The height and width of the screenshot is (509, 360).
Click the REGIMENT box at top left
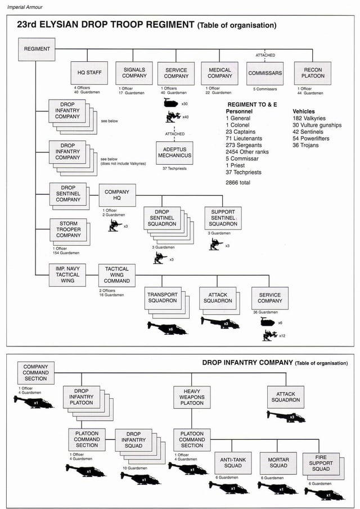coord(37,49)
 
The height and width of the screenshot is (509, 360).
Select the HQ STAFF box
coord(89,73)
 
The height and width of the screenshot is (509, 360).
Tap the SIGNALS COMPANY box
coord(134,73)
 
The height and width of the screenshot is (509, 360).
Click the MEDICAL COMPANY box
coord(220,73)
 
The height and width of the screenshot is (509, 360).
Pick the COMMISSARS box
coord(265,73)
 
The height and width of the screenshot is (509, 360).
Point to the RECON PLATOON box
coord(313,73)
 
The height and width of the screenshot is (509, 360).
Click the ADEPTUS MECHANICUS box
coord(174,152)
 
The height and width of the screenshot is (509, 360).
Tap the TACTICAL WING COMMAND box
coord(117,275)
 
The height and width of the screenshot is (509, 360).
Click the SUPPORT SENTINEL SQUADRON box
coord(223,218)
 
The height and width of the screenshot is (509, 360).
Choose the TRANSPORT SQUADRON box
coord(162,298)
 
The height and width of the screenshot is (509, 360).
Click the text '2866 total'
coord(238,183)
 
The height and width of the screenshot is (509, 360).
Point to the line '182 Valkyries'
coord(309,118)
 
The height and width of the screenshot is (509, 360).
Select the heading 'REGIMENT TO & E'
coord(252,105)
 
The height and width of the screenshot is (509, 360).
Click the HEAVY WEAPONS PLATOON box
coord(192,397)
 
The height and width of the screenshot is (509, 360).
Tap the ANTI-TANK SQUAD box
coord(233,462)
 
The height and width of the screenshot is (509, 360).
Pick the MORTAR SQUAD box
coord(278,462)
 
